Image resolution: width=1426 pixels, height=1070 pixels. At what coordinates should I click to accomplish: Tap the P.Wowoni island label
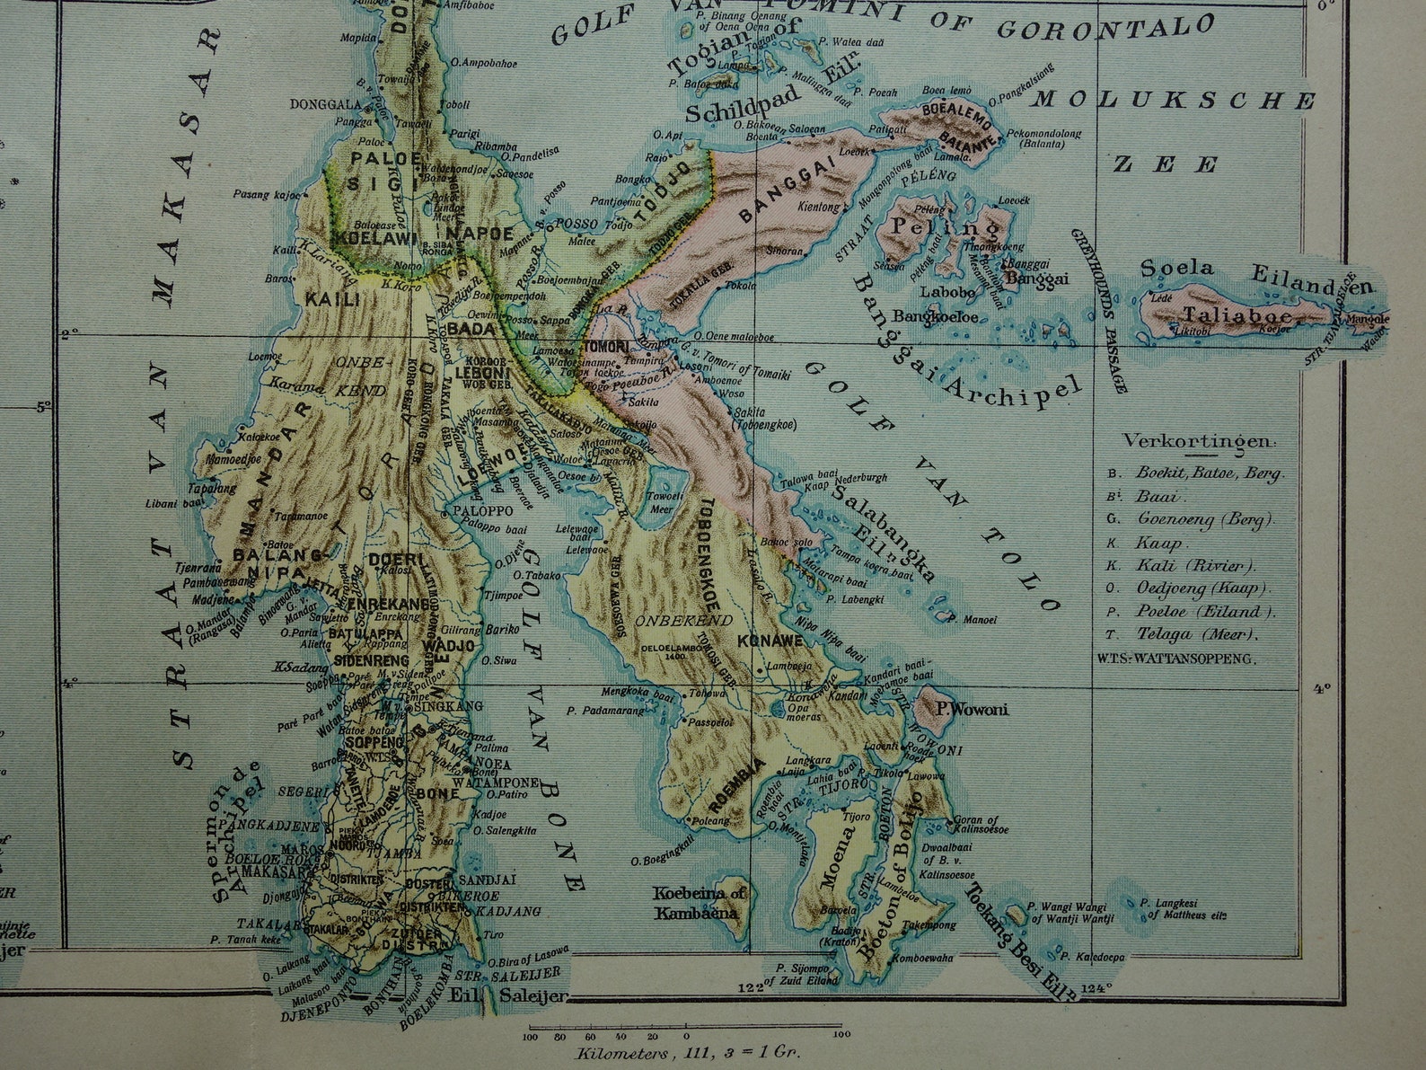pos(972,710)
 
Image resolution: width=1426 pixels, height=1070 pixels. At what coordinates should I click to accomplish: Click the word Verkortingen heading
pos(1199,442)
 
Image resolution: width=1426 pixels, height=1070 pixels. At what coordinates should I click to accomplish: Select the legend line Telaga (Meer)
pos(1198,634)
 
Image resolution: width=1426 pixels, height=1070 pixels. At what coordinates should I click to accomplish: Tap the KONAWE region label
pos(762,641)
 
